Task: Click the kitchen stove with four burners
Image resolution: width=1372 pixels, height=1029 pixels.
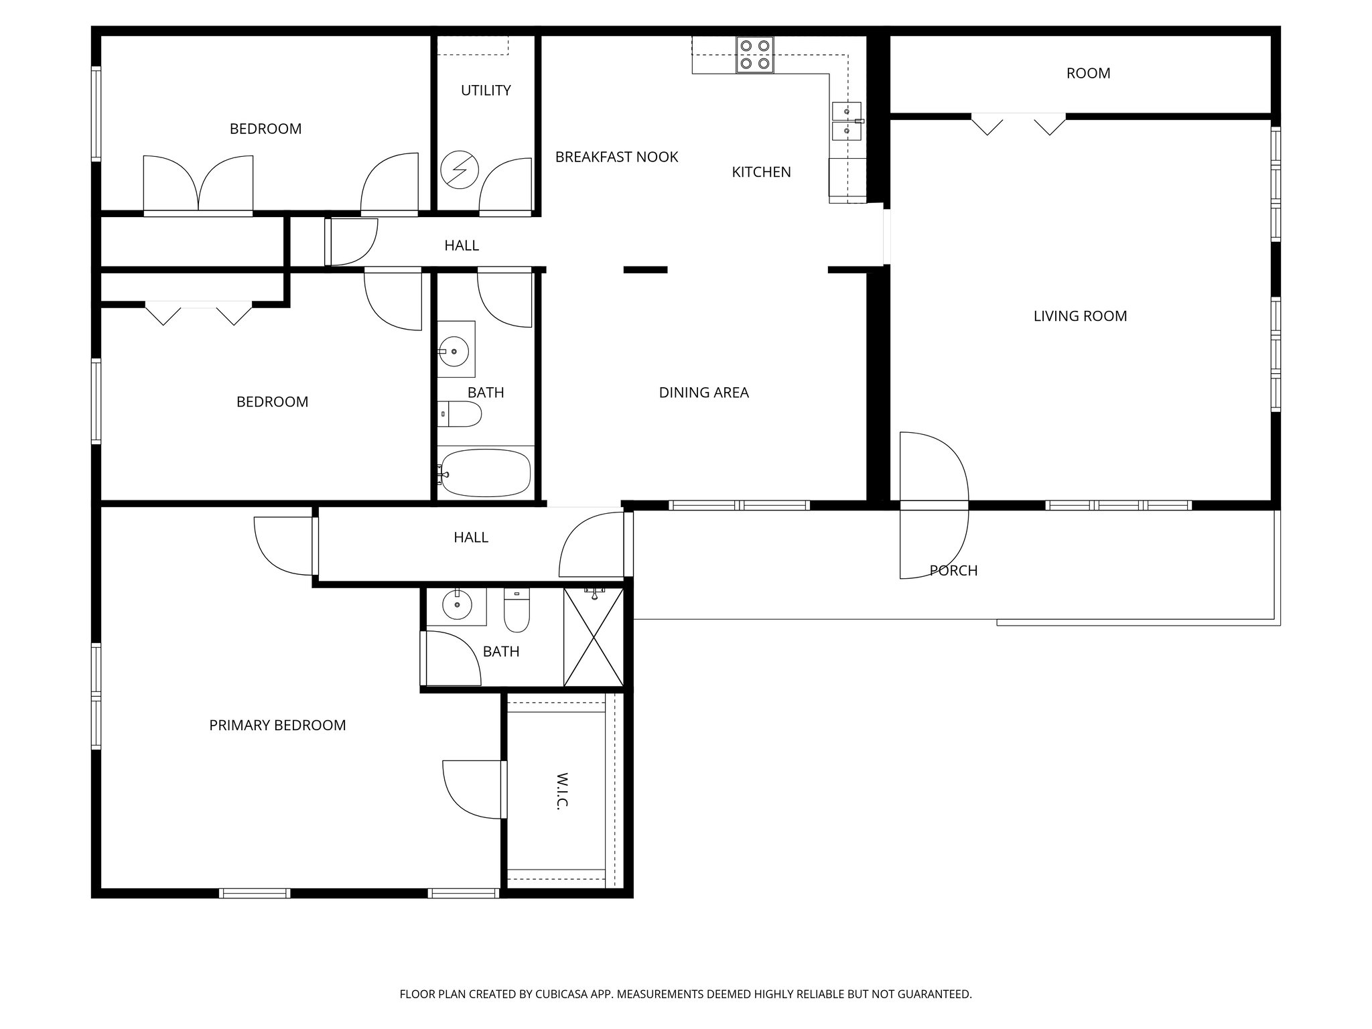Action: coord(754,55)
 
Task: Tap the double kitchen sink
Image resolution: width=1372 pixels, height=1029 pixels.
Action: coord(847,121)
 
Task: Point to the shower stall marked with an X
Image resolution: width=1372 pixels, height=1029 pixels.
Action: coord(594,638)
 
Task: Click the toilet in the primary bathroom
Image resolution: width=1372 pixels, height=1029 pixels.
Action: coord(516,611)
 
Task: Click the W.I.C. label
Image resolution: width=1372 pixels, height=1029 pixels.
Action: coord(561,792)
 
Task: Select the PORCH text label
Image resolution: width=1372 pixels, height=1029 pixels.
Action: coord(953,571)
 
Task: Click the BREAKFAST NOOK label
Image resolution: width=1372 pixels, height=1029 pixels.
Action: coord(616,157)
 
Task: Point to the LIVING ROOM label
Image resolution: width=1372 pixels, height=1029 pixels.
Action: coord(1080,316)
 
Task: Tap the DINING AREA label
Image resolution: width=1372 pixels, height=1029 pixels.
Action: coord(703,393)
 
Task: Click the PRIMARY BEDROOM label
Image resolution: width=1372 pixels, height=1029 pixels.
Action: coord(277,725)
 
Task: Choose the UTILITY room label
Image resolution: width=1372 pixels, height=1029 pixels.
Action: coord(486,90)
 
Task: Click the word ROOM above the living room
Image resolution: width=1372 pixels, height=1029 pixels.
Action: coord(1088,73)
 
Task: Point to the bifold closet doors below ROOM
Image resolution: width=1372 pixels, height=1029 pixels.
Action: coord(1018,124)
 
